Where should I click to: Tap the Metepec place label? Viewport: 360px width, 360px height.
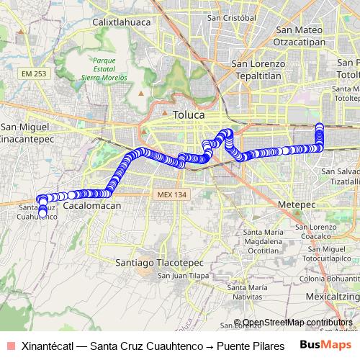(293, 204)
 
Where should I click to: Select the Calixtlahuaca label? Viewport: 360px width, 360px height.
(120, 22)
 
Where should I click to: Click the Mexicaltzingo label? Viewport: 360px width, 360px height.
(332, 295)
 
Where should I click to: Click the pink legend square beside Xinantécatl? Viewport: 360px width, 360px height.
(9, 344)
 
